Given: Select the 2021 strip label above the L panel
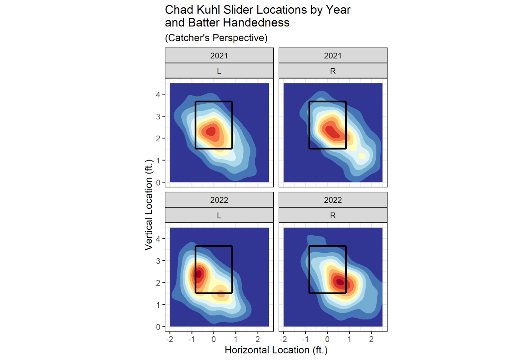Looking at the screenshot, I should [x=219, y=56].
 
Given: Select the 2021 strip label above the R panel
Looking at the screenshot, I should [x=332, y=56].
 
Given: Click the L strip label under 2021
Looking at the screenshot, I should [x=219, y=71].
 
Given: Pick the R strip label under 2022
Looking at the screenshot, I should [x=332, y=215].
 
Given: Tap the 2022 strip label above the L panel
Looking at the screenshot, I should [x=219, y=200].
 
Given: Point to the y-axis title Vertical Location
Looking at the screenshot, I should [x=148, y=205].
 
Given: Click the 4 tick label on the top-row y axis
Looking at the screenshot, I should [x=158, y=95].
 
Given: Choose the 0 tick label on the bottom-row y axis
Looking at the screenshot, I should [x=158, y=327].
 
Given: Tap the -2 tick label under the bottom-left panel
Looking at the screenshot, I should [x=170, y=339].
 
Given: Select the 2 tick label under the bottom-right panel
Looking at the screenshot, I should [x=371, y=339].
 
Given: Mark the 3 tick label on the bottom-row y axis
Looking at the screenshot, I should [x=158, y=261].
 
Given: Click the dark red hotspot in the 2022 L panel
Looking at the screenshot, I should [x=199, y=274].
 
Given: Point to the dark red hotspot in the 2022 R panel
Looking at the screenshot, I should [x=340, y=282].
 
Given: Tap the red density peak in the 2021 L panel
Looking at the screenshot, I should [x=211, y=132].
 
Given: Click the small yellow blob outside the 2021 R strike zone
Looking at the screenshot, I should [x=362, y=156].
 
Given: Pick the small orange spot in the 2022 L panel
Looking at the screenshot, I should [x=220, y=294].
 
